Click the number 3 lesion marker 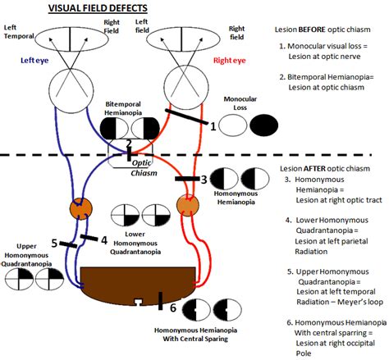coord(204,179)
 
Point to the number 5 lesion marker coord(54,243)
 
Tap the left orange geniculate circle coord(80,207)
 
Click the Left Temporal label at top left coord(19,31)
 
